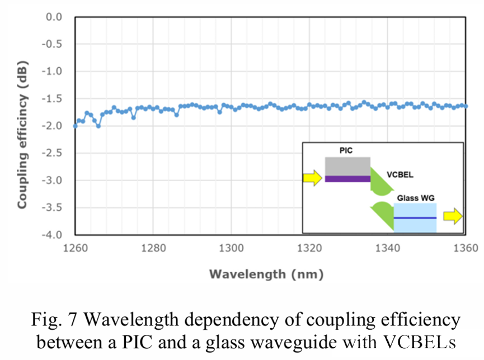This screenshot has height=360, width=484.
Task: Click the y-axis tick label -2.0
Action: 55,126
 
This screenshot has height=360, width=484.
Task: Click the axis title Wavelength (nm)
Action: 266,274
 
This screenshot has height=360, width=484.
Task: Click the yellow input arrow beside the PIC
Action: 313,178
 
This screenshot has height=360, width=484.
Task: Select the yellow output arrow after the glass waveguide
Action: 453,216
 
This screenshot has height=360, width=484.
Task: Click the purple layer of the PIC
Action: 347,179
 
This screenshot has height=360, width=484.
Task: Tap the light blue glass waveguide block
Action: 415,218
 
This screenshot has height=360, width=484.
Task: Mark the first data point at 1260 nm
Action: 76,126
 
